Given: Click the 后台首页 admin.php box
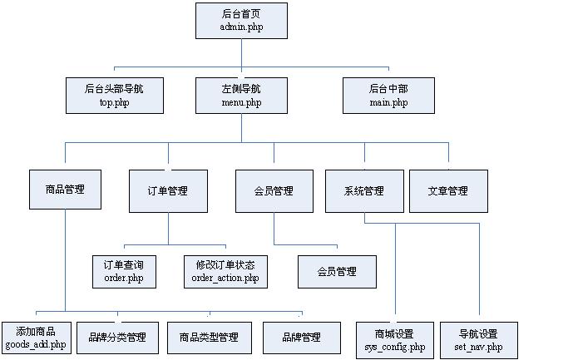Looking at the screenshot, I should tap(241, 20).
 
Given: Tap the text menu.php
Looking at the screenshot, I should tap(241, 103).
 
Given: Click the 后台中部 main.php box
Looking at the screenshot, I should tap(388, 95).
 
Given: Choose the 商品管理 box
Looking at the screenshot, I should tap(66, 190).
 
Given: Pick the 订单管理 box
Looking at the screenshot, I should tap(168, 190).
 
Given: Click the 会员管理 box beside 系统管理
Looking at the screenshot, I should tap(274, 190).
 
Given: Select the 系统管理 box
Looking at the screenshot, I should tap(364, 190).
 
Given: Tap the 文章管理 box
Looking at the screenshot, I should tap(448, 190).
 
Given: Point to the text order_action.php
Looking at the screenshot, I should tap(225, 279).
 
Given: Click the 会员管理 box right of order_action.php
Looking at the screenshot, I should tap(337, 271).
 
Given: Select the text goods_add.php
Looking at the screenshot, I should tap(36, 344).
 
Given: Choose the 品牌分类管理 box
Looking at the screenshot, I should tap(117, 338).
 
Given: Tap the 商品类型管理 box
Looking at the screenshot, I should tap(209, 338).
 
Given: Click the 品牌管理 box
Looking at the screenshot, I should tap(301, 338).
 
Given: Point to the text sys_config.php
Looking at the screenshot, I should tap(394, 347).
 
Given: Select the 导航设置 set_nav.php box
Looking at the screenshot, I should tap(478, 340).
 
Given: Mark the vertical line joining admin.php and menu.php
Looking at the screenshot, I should tap(241, 57).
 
